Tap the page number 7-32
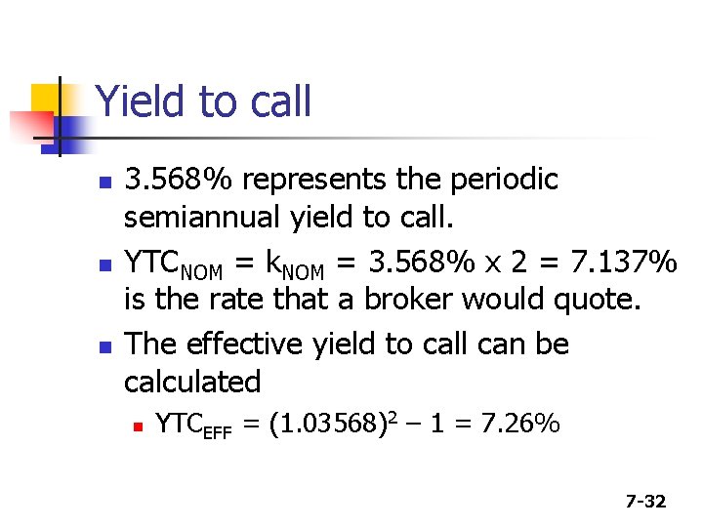(x=645, y=502)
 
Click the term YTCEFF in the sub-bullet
(x=193, y=425)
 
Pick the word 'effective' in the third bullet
(x=253, y=344)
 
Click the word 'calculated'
(x=192, y=381)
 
